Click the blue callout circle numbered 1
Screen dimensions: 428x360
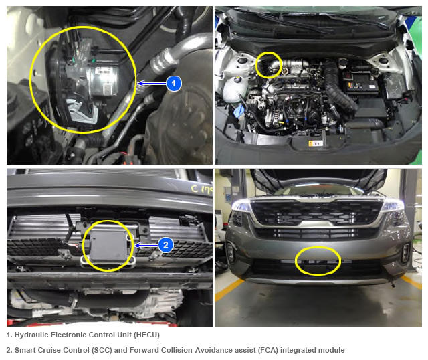pos(174,83)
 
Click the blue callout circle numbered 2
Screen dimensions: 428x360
pos(166,244)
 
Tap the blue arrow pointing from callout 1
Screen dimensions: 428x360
pos(152,83)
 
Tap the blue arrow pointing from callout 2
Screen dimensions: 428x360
pos(146,246)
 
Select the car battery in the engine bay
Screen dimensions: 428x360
pos(362,82)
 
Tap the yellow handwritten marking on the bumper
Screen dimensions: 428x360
pos(201,189)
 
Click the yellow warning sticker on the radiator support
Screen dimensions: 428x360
pos(316,143)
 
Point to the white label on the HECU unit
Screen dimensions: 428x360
pos(103,70)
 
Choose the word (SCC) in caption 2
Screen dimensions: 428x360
pos(102,350)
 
